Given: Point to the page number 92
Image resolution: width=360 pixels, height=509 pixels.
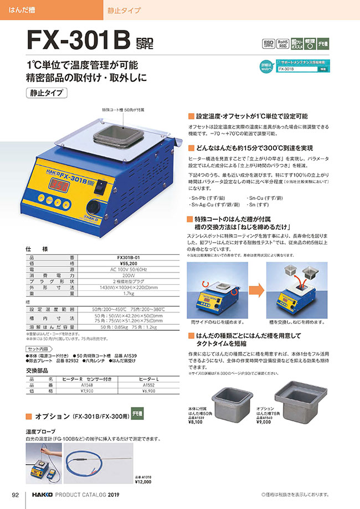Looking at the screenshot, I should click(16, 494).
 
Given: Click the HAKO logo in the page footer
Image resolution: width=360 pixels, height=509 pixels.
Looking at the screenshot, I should click(42, 494).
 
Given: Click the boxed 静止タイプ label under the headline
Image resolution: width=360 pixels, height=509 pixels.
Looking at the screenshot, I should click(47, 92).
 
